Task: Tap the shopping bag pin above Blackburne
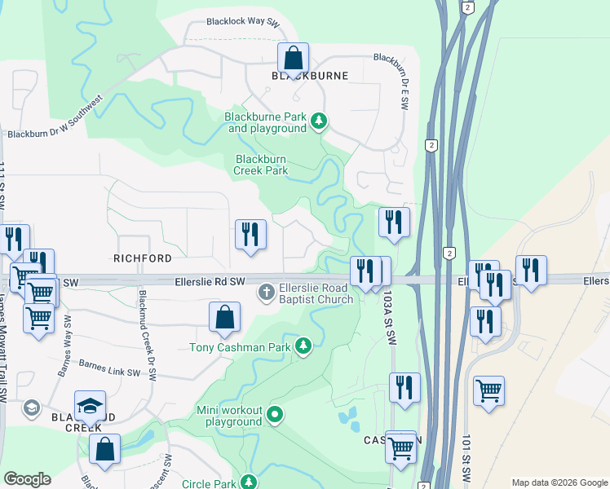pos(293,58)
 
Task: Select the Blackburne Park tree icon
pos(319,122)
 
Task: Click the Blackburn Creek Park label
pos(261,165)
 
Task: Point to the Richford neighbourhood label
pos(143,258)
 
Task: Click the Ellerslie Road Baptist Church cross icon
pos(267,292)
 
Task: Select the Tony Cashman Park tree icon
pos(303,347)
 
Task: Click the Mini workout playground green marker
pos(276,416)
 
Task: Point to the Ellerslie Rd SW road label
pos(210,282)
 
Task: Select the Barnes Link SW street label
pos(111,372)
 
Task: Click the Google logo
pos(27,479)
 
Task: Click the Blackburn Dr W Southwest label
pos(56,117)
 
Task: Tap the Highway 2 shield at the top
pos(467,7)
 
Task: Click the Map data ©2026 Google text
pos(559,482)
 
